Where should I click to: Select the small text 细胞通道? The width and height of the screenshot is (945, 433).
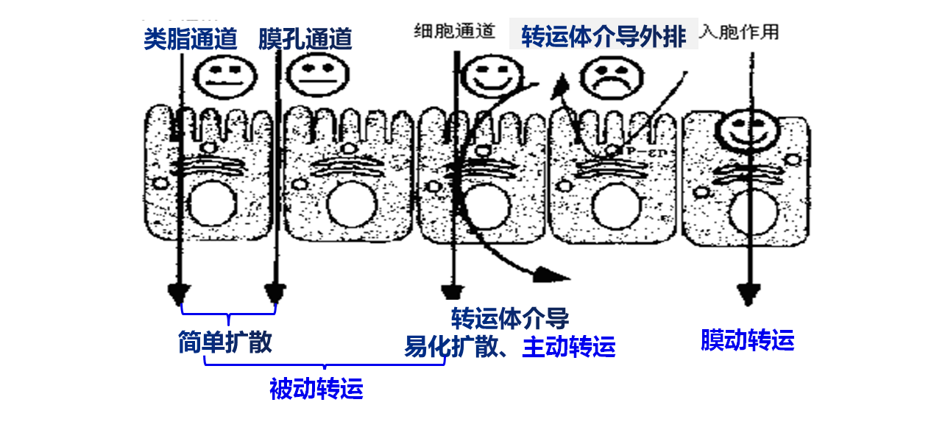[x=454, y=32]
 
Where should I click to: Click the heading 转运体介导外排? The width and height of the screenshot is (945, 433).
[x=604, y=36]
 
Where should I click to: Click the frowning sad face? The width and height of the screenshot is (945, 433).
[x=609, y=77]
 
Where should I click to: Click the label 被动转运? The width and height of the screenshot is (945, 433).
[x=316, y=388]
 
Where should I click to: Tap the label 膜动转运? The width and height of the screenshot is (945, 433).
[x=747, y=340]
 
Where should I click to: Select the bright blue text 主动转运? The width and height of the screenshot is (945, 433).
[x=568, y=346]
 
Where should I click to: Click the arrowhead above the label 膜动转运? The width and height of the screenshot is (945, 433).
[x=748, y=295]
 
